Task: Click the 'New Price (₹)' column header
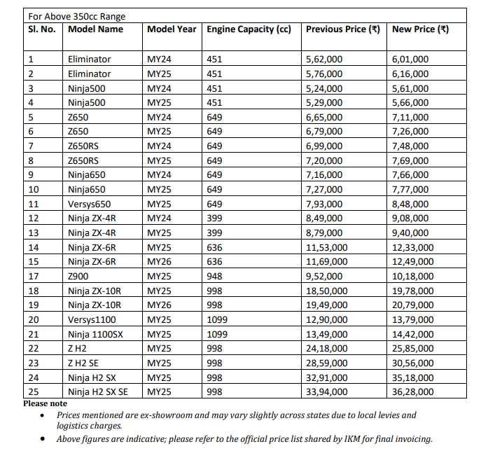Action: [x=420, y=29]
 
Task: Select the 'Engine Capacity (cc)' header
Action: [x=249, y=29]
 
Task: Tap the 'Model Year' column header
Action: [x=172, y=29]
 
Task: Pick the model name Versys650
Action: [x=89, y=204]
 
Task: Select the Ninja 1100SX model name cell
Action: [x=95, y=334]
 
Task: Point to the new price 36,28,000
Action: [x=413, y=392]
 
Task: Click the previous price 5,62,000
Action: [x=324, y=60]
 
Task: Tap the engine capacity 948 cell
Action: [x=214, y=276]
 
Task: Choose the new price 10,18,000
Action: [x=413, y=276]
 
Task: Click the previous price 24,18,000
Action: [x=327, y=349]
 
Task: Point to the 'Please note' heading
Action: [x=46, y=404]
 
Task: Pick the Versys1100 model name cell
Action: [x=92, y=319]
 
